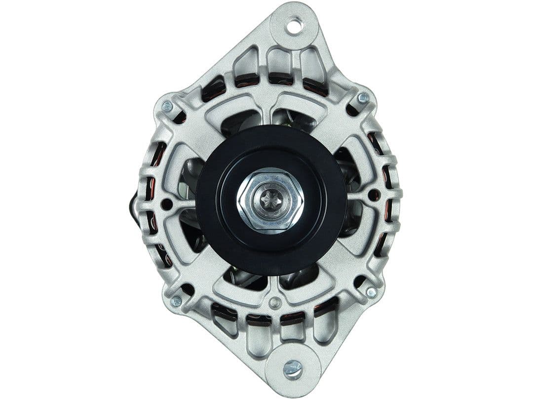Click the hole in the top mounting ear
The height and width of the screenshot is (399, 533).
pos(295,25)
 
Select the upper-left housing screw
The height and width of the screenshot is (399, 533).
pos(167,106)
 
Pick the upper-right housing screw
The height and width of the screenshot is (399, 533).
pos(363,98)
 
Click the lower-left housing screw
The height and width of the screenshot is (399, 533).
pos(176,300)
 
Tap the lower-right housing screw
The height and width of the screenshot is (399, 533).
pos(371,292)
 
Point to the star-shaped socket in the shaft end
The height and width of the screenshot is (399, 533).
pos(269,199)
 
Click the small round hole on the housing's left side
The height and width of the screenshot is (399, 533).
pos(167,203)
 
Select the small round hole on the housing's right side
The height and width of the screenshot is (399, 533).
pos(373,194)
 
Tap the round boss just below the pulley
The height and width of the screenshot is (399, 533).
pos(276,302)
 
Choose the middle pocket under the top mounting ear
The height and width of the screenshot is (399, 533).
pos(279,63)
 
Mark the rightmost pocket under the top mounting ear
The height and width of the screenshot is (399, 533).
pos(312,64)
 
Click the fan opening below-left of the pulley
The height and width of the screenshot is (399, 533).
pos(242,278)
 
